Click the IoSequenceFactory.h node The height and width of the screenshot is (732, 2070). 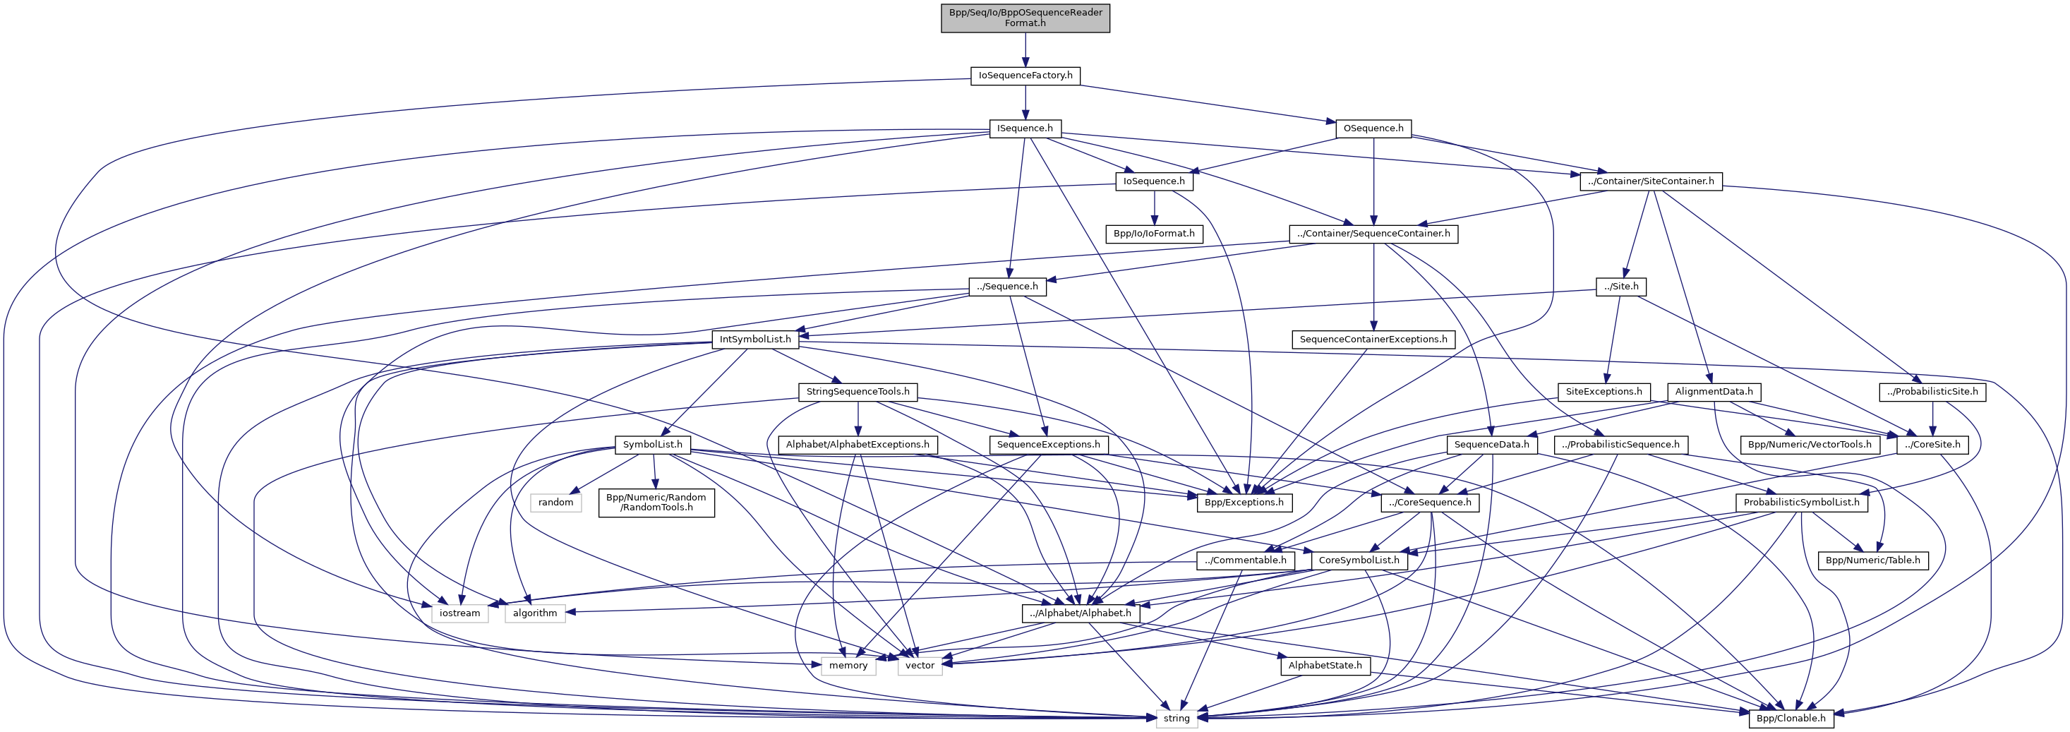tap(1025, 76)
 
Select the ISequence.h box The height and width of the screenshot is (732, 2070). tap(1025, 128)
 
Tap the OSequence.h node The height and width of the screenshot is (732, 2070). tap(1373, 128)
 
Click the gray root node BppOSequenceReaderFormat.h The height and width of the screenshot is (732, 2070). tap(1025, 18)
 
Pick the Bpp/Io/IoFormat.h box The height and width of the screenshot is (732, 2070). tap(1154, 234)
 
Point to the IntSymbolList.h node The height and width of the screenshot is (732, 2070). tap(754, 339)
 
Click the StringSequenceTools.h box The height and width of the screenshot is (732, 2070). tap(858, 392)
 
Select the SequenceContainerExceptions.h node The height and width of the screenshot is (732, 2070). tap(1373, 339)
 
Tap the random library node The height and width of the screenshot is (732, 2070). tap(555, 502)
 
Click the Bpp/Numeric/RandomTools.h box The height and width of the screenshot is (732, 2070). tap(656, 502)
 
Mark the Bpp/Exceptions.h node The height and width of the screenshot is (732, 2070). tap(1244, 502)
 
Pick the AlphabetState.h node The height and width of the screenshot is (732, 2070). tap(1324, 666)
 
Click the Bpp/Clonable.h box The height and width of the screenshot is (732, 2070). tap(1791, 719)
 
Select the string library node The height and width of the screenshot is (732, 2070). tap(1177, 719)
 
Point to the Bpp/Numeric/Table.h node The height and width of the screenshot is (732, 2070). tap(1872, 560)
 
